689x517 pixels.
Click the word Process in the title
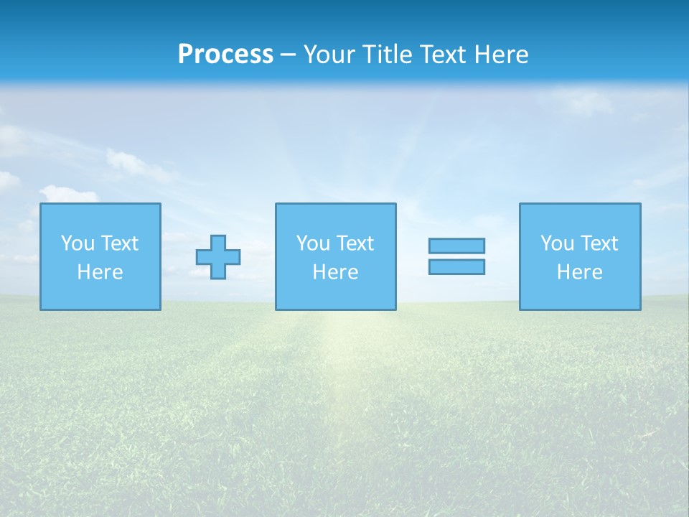[225, 55]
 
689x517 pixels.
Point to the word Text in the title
[444, 55]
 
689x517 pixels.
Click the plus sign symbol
[218, 257]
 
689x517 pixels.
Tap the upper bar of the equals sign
[456, 246]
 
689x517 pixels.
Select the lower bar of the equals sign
[456, 267]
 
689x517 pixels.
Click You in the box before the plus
[78, 243]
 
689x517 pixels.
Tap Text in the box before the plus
[119, 243]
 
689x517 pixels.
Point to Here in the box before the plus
[100, 272]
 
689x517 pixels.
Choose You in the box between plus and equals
[313, 243]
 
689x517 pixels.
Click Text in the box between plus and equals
[355, 243]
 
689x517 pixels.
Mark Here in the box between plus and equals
[335, 272]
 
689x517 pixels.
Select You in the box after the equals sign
[557, 243]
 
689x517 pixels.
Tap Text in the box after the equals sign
[599, 243]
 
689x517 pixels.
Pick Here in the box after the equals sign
[579, 272]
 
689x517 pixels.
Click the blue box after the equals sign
[580, 294]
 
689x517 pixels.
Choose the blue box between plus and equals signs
[336, 294]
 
